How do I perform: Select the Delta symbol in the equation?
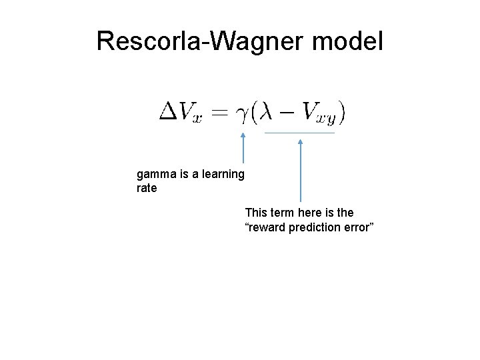click(167, 111)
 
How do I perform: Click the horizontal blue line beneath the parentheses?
click(300, 133)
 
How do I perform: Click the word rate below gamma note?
click(147, 188)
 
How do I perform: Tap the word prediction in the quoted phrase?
click(315, 229)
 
